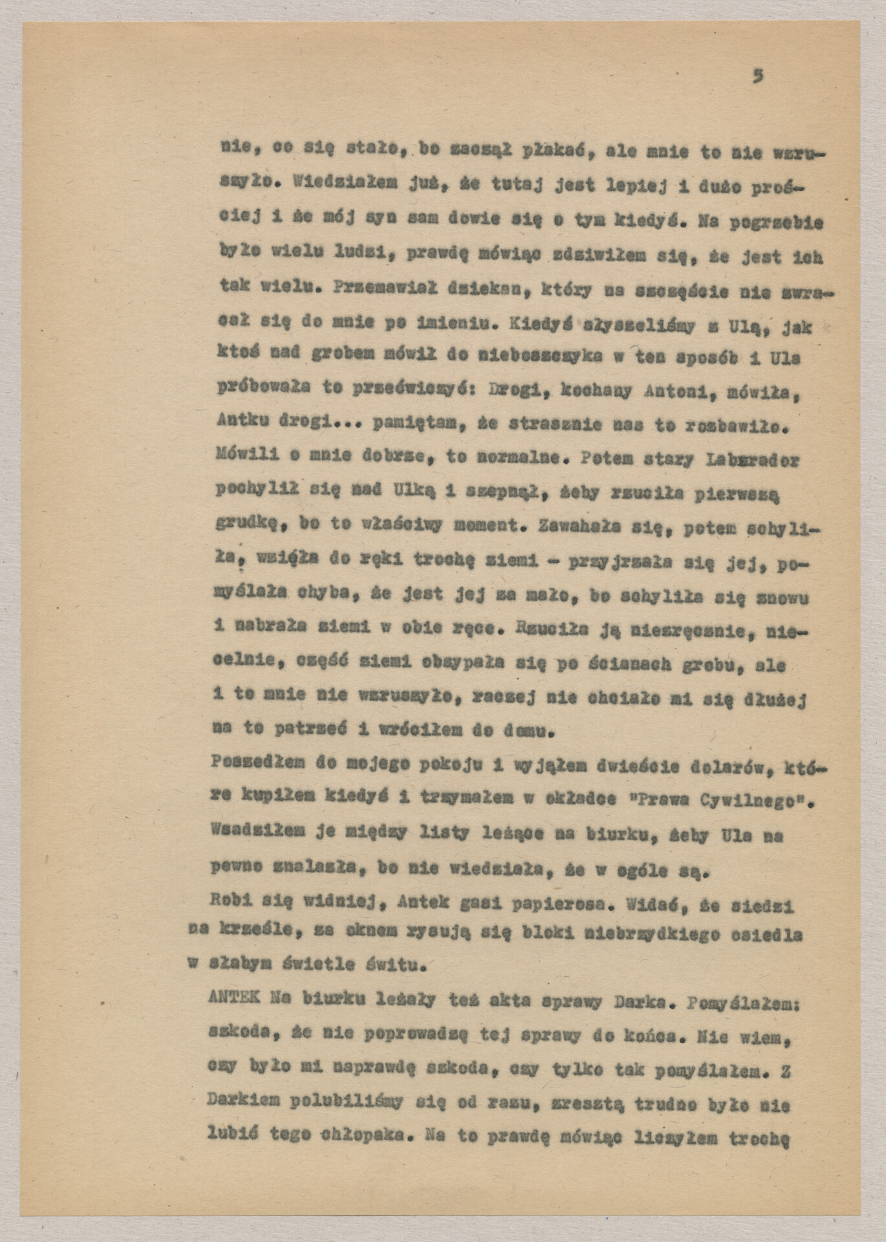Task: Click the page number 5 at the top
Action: (x=757, y=76)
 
